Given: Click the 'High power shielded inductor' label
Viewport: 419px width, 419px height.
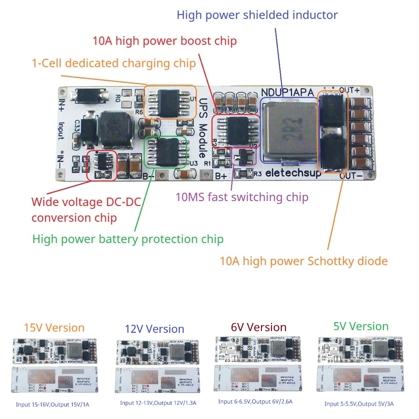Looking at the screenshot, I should [257, 15].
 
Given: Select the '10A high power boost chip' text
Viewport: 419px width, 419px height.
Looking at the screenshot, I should [164, 41].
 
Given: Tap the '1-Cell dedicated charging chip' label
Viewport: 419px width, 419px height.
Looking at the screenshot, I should [114, 63].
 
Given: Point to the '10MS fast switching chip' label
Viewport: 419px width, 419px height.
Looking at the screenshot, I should [242, 197].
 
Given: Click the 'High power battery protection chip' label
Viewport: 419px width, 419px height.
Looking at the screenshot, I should [128, 239].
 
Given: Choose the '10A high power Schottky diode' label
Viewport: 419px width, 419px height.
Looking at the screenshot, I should [303, 261].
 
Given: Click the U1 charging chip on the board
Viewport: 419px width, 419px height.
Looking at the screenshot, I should [169, 102].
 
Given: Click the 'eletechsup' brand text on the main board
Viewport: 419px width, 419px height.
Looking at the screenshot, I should [293, 173].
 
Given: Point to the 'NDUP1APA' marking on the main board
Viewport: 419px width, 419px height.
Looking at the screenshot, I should [287, 93].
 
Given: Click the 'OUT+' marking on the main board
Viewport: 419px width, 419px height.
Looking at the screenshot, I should [349, 90].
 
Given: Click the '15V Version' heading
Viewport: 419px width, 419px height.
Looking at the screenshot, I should [54, 328].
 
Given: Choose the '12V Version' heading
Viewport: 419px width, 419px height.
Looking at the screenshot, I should [154, 329].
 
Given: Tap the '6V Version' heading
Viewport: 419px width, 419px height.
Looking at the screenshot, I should [258, 327].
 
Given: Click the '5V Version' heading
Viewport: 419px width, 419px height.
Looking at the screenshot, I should [361, 326].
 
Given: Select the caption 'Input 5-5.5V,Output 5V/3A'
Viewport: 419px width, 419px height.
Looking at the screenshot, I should [359, 404].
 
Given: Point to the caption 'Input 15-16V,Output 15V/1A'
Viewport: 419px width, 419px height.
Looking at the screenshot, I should [52, 405].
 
